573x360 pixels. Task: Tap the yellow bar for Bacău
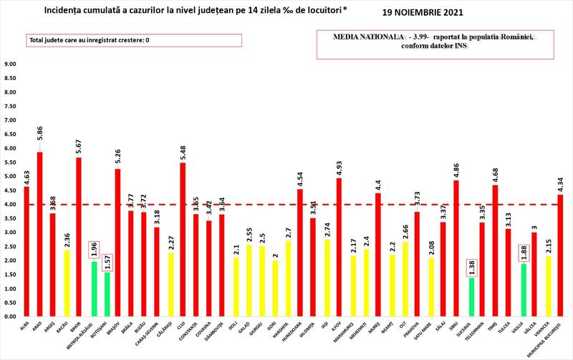tap(66, 283)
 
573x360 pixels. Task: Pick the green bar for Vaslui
tap(523, 290)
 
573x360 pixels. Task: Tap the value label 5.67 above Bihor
tap(80, 145)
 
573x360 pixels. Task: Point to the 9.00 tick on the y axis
tap(11, 64)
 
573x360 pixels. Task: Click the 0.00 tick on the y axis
tap(11, 316)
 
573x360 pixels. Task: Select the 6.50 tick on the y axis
tap(11, 135)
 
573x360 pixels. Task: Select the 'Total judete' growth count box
tap(90, 40)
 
